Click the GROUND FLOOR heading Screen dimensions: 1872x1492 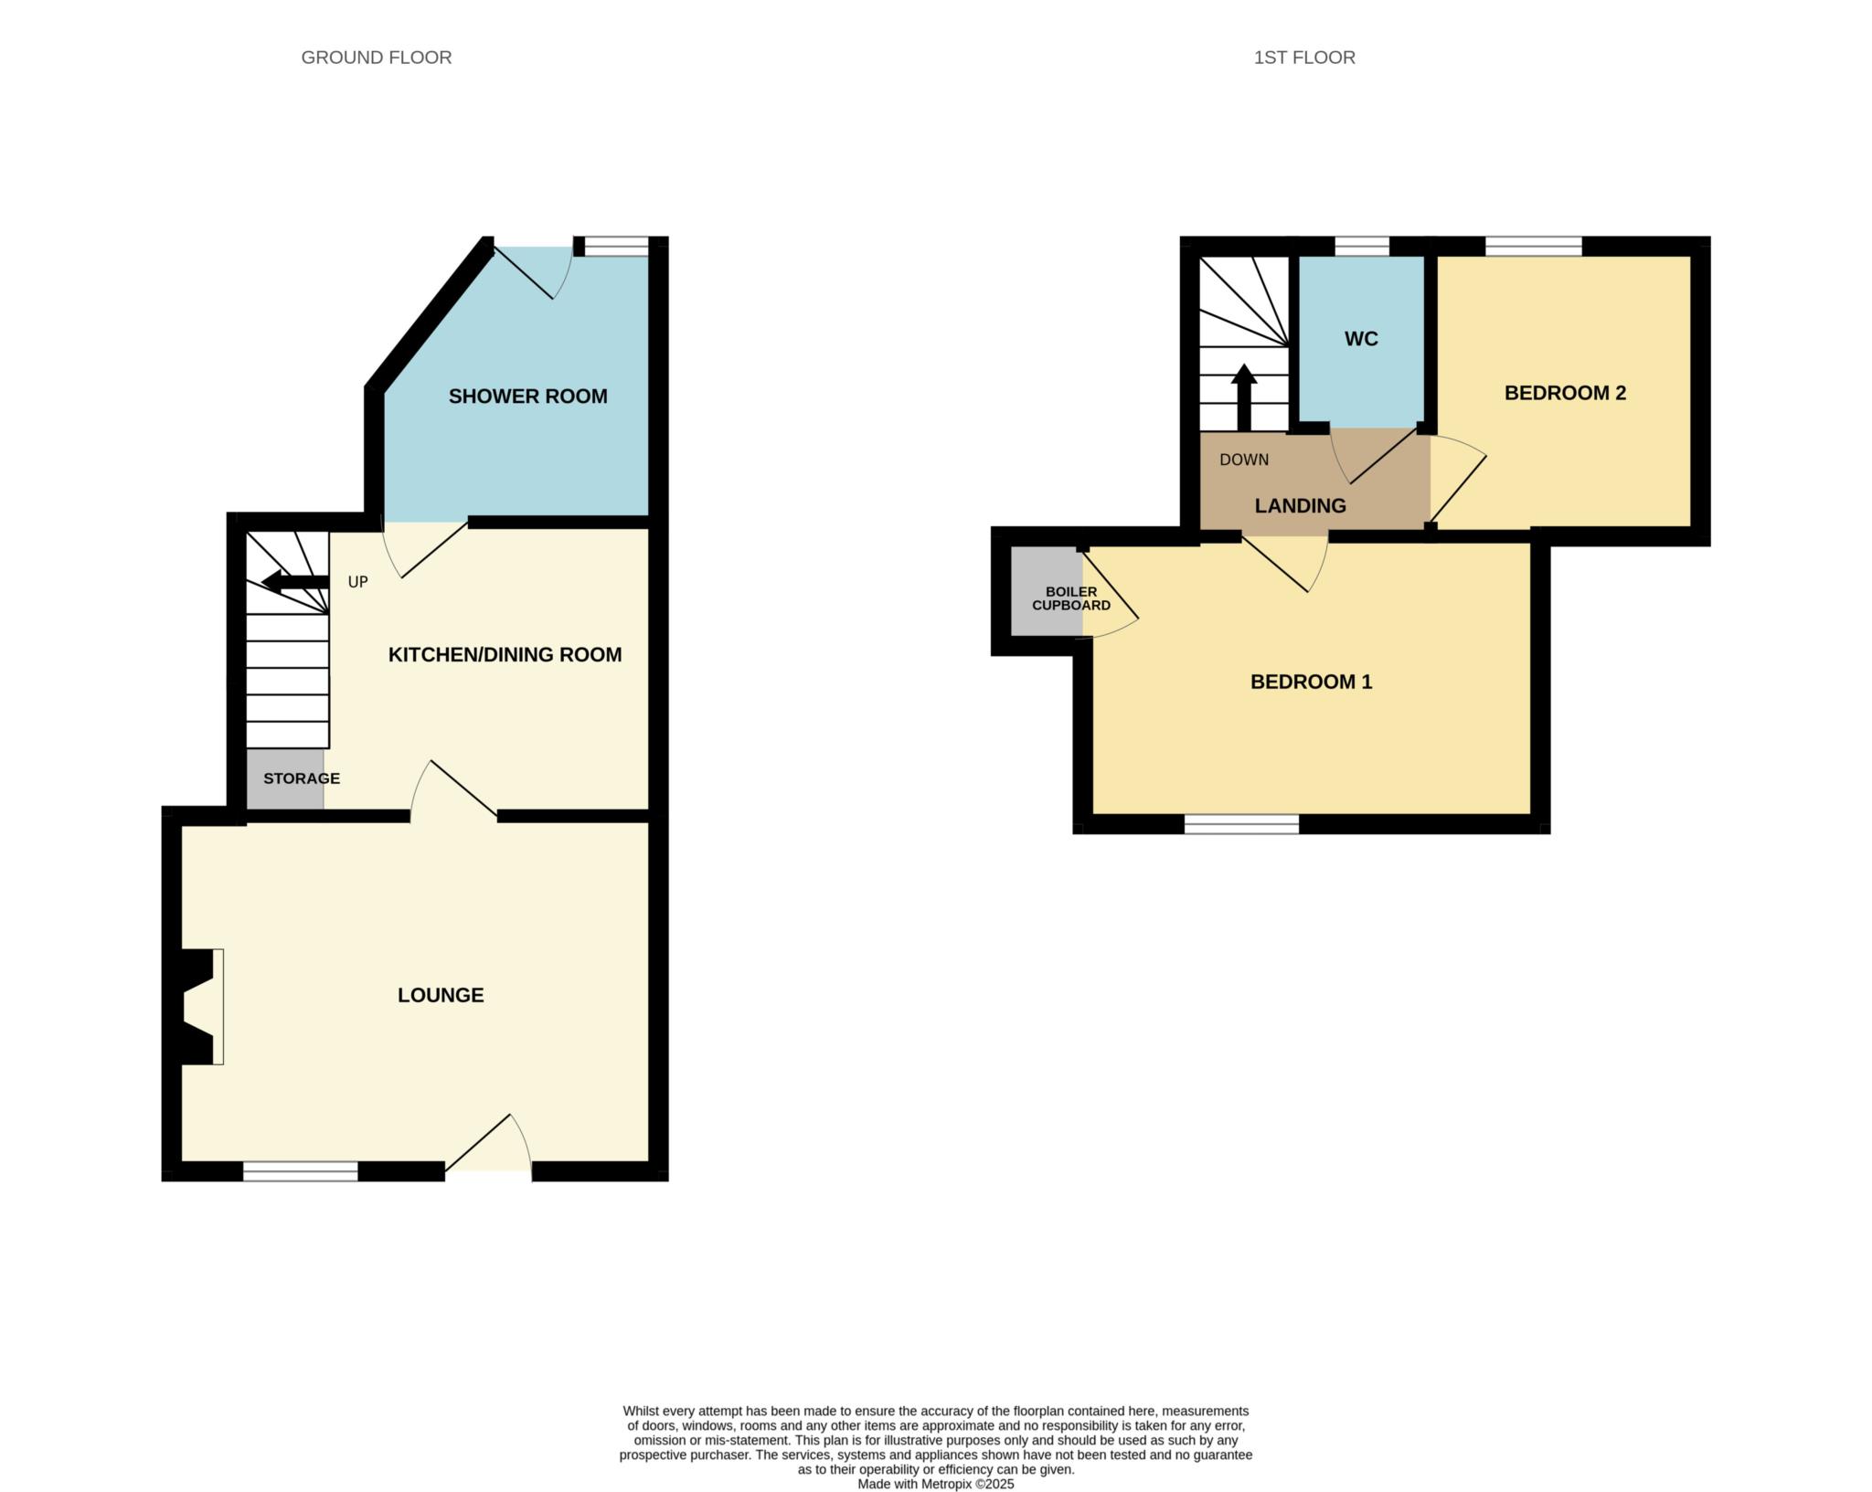[377, 58]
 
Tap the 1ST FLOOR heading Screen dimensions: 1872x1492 [1304, 58]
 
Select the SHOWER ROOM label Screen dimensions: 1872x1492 [527, 397]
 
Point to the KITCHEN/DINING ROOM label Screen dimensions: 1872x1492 [505, 655]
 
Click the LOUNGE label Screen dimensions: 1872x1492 [441, 995]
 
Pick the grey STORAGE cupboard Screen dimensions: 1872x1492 [285, 778]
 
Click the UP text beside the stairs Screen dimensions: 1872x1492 [358, 582]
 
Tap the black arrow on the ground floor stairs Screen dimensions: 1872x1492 [294, 582]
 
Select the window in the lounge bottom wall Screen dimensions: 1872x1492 [301, 1171]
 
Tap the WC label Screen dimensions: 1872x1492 [1361, 339]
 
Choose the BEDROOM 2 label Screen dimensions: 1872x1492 [1565, 393]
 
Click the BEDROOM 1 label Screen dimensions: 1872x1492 [1311, 682]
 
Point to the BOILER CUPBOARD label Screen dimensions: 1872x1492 [1071, 598]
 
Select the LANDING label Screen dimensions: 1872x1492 [1300, 506]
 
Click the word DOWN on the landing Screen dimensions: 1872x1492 [1244, 460]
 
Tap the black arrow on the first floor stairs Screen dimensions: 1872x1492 [1244, 397]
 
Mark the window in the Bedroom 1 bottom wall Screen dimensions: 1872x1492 [1241, 824]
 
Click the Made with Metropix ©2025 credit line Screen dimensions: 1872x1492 [936, 1484]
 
